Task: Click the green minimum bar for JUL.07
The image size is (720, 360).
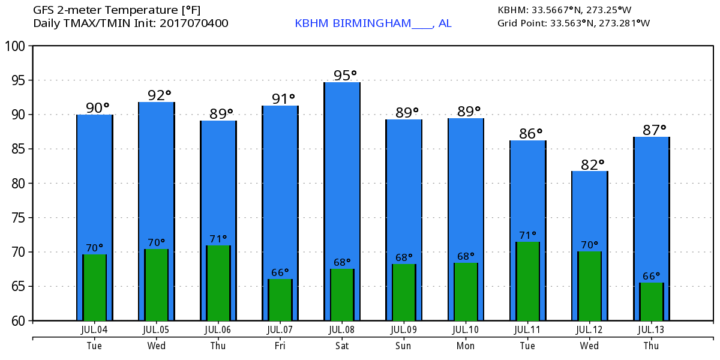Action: pos(280,300)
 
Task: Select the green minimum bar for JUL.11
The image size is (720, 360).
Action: pos(528,281)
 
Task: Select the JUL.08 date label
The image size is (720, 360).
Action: pos(341,329)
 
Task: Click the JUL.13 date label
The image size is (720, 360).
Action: pos(651,329)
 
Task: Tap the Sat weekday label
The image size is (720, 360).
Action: pos(341,346)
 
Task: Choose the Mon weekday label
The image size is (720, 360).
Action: pos(465,346)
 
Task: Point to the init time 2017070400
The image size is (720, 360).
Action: pos(194,23)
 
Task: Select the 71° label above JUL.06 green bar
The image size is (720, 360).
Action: pos(218,239)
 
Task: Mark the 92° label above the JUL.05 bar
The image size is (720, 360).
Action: pos(160,95)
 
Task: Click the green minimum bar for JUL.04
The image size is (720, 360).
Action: pos(94,287)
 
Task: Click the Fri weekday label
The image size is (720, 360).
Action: pos(280,346)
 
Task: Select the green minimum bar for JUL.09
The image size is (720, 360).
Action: pos(404,292)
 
